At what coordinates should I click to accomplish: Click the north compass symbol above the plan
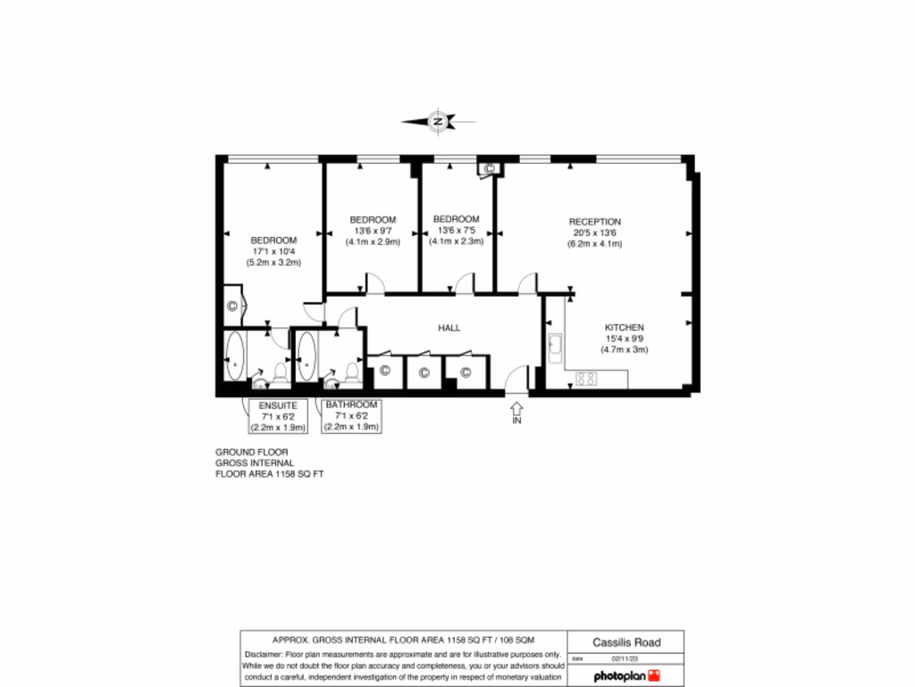coord(438,121)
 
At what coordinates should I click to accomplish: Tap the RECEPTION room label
coord(595,222)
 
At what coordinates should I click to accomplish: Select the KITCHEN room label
coord(625,327)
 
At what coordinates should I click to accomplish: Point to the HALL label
coord(449,328)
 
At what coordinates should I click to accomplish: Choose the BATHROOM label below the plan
coord(352,405)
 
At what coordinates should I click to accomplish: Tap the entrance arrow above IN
coord(516,406)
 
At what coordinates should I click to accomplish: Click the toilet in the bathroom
coord(351,373)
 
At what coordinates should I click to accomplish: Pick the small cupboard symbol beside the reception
coord(489,167)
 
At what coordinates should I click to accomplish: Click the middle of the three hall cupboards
coord(424,371)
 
